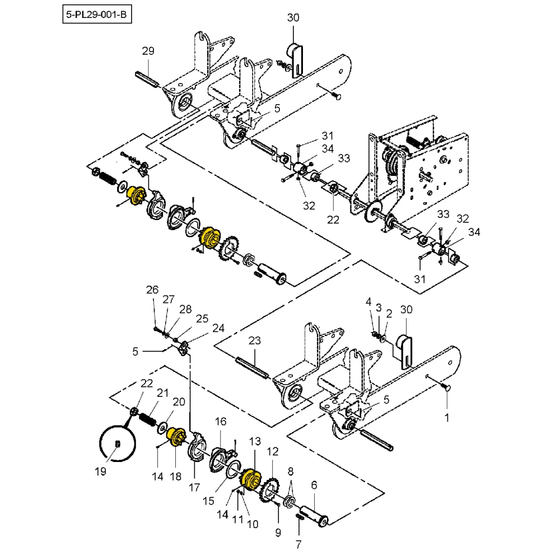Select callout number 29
148,52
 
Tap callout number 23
255,340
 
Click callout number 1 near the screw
446,417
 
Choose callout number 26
153,290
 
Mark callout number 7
298,543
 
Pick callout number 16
221,421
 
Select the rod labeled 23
253,366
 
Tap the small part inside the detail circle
117,444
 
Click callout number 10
252,524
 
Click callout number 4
368,301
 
